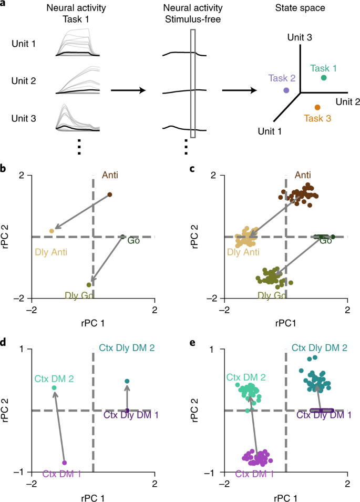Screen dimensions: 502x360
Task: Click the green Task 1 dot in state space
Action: click(324, 78)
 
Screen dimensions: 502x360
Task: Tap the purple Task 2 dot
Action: click(286, 90)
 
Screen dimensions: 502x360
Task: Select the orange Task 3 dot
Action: click(317, 107)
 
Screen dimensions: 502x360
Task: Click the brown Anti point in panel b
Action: click(110, 194)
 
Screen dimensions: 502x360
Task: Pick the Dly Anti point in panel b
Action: click(52, 231)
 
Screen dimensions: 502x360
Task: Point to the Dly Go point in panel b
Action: click(89, 284)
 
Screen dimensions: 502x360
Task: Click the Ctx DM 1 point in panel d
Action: click(65, 463)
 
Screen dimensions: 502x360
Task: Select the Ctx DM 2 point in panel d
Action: click(54, 388)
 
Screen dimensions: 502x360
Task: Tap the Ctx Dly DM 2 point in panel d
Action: click(127, 381)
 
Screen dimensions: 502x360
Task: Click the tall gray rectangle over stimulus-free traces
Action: click(193, 83)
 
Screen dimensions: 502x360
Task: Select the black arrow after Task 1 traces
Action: click(128, 90)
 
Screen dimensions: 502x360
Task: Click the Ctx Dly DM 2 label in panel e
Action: click(320, 347)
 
